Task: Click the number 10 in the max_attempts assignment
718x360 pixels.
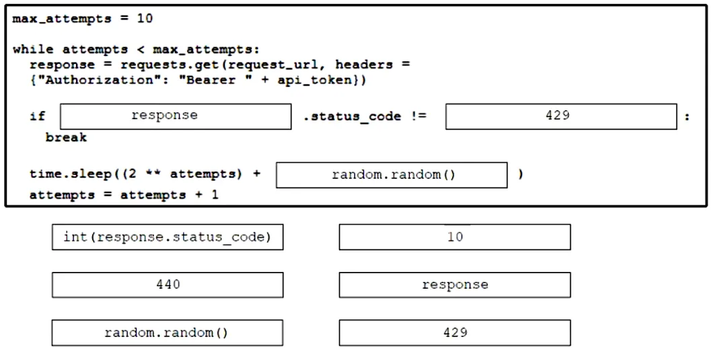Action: tap(145, 19)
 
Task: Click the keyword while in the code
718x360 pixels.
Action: tap(34, 50)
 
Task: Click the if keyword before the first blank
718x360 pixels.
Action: tap(38, 116)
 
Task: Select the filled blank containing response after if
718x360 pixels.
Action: tap(176, 116)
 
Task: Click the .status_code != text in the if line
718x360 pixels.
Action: tap(365, 116)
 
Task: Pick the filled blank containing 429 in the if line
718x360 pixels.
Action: tap(561, 116)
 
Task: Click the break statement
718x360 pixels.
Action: tap(66, 137)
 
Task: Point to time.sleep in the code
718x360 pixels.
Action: tap(71, 174)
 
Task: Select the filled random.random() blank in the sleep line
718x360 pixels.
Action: tap(392, 175)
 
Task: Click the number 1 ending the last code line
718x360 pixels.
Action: tap(215, 195)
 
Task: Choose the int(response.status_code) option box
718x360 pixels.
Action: tap(168, 237)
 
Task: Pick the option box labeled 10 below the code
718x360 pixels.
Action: tap(455, 237)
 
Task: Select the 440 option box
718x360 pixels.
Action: tap(168, 285)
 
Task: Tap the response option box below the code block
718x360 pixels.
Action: tap(455, 285)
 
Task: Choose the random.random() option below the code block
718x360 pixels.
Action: tap(167, 332)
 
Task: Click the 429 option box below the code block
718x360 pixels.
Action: tap(455, 332)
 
